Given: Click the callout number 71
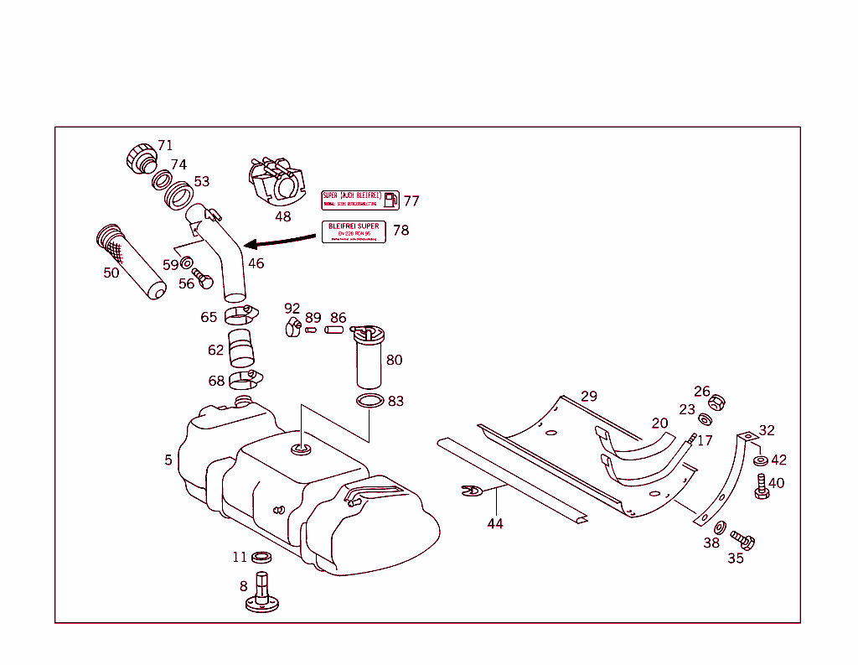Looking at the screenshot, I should [x=165, y=145].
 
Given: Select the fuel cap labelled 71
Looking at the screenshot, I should [x=139, y=158].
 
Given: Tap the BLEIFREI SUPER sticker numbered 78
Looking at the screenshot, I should [x=354, y=231].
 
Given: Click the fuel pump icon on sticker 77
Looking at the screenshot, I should [x=390, y=200].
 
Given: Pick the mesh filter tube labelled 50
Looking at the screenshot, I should [x=132, y=262].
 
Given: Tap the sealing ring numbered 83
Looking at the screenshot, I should [x=369, y=402].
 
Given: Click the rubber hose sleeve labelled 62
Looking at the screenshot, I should [x=243, y=349].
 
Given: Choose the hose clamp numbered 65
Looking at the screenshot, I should [x=239, y=315].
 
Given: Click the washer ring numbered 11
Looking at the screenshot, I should [x=261, y=557].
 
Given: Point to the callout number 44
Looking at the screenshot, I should [x=496, y=523].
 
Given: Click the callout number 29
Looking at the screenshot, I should [x=589, y=396].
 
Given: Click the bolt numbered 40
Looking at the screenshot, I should [x=762, y=486].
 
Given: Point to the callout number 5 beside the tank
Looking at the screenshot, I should [x=168, y=460].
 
